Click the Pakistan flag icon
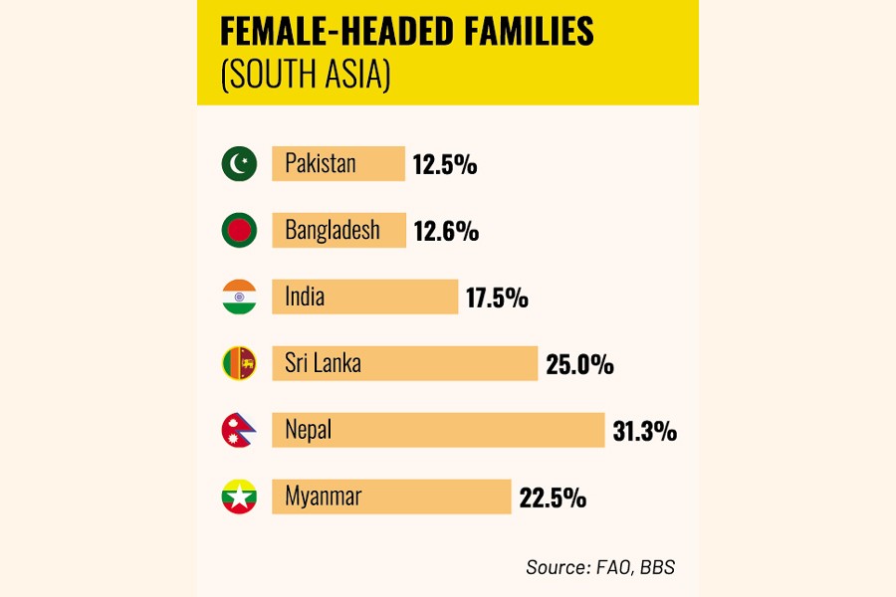[x=239, y=163]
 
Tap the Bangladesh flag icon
[x=239, y=230]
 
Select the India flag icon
[x=239, y=297]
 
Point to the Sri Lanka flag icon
[x=239, y=363]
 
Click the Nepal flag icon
[x=239, y=430]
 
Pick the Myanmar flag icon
[x=239, y=497]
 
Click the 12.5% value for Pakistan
[x=445, y=164]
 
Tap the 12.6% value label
[x=446, y=231]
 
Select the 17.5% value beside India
[x=496, y=298]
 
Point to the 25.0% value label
[x=579, y=364]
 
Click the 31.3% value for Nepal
[x=644, y=431]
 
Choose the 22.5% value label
[x=553, y=497]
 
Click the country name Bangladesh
[x=333, y=230]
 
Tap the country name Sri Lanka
[x=323, y=363]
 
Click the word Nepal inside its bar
[x=308, y=430]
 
